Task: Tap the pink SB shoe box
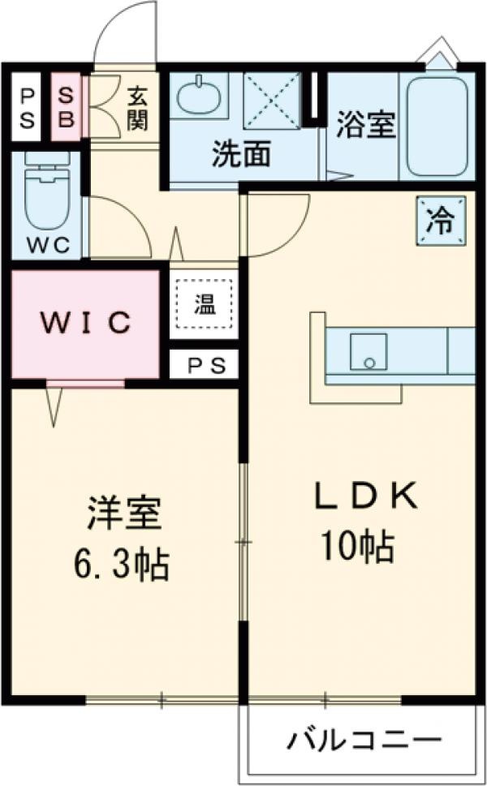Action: [67, 108]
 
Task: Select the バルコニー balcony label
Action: [364, 740]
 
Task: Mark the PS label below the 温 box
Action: [205, 365]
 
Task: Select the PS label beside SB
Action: [28, 108]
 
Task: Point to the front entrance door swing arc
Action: [122, 32]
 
